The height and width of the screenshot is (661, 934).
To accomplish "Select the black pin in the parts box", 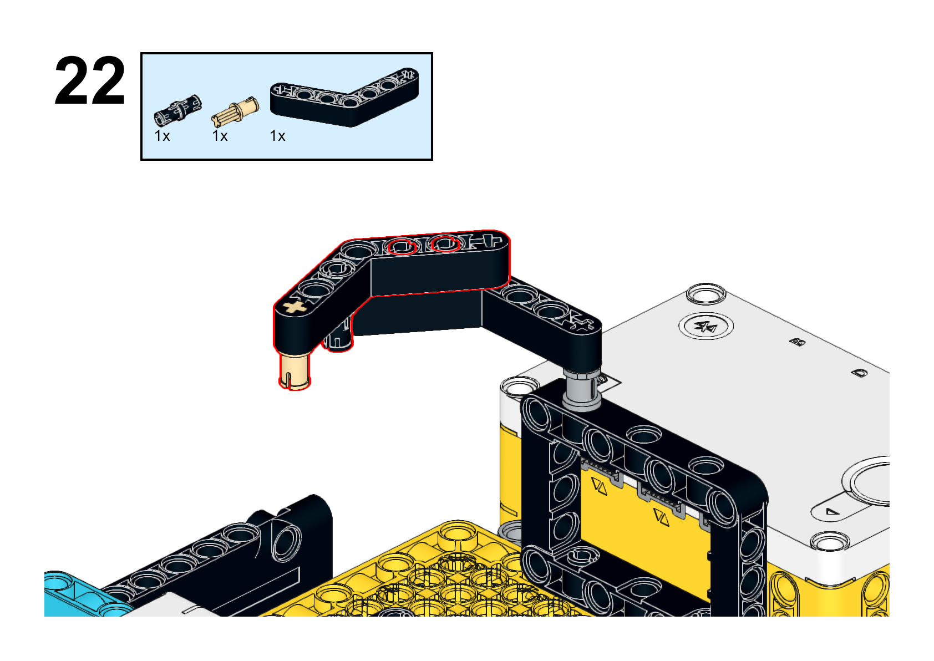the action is tap(178, 110).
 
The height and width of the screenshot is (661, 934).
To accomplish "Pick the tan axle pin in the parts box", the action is tap(235, 111).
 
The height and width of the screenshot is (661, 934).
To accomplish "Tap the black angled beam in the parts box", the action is tap(344, 97).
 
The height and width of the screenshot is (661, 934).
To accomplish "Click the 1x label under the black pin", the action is tap(162, 136).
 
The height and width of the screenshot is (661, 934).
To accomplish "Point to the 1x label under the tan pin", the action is tap(220, 136).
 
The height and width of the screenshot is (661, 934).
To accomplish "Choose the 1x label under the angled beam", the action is tap(277, 136).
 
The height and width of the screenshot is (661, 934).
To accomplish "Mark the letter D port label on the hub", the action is tap(859, 373).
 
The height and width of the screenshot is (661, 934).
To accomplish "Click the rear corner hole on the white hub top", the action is tap(706, 294).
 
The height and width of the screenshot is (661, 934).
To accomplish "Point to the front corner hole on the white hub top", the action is tap(830, 542).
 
